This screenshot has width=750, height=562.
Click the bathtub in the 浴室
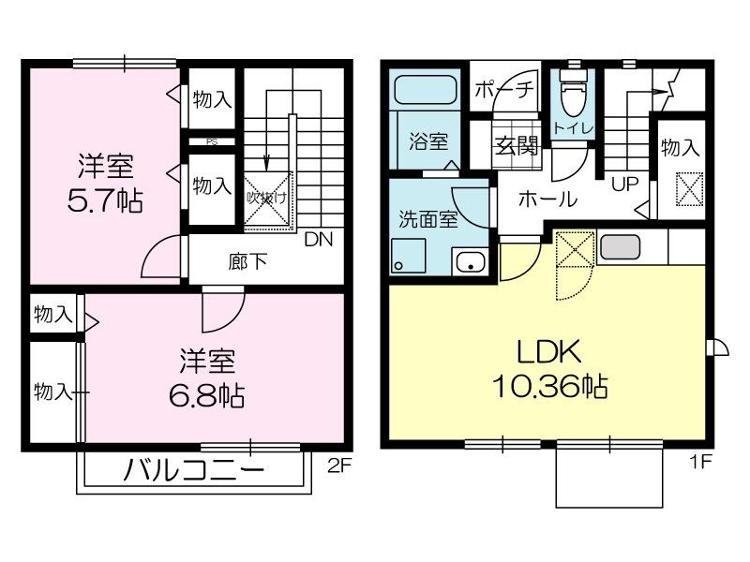(x=425, y=91)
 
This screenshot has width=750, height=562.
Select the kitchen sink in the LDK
(x=618, y=246)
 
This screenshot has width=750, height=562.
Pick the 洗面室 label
(x=427, y=221)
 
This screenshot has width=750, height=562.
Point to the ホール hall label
(x=547, y=199)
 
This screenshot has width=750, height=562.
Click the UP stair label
(x=623, y=184)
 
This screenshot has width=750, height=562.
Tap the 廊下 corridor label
(x=247, y=260)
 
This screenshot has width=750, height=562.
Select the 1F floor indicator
(x=702, y=463)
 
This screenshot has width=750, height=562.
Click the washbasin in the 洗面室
(x=468, y=262)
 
